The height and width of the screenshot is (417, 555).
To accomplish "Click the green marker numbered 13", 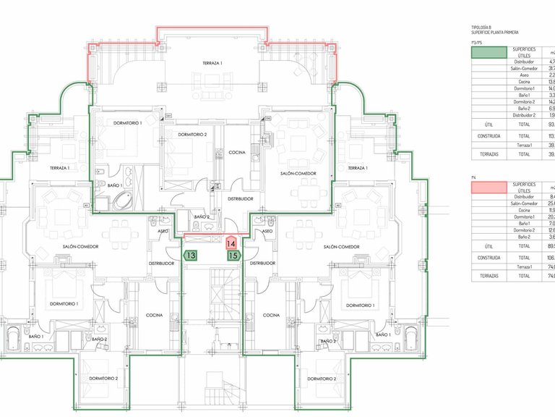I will point(191,255).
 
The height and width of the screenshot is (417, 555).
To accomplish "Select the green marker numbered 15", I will point(233,256).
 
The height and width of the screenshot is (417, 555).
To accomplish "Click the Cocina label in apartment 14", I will point(237,153).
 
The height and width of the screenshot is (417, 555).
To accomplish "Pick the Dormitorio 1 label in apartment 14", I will point(128,124).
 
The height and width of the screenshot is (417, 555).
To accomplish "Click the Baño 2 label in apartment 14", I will point(202,217).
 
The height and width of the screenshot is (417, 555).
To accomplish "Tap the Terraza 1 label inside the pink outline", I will point(212,64).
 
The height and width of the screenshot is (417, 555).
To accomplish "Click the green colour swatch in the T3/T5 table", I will point(488,51).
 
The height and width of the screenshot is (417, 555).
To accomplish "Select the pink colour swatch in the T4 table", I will point(488,188).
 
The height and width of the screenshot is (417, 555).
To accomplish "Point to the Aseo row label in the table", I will point(524,75).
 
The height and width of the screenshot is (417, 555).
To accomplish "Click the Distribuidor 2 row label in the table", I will point(524,115).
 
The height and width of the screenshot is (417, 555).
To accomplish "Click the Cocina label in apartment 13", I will point(153,316).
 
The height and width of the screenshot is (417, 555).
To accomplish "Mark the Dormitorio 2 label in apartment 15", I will point(321,379).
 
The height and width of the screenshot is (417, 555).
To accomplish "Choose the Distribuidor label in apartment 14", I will point(240,198).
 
